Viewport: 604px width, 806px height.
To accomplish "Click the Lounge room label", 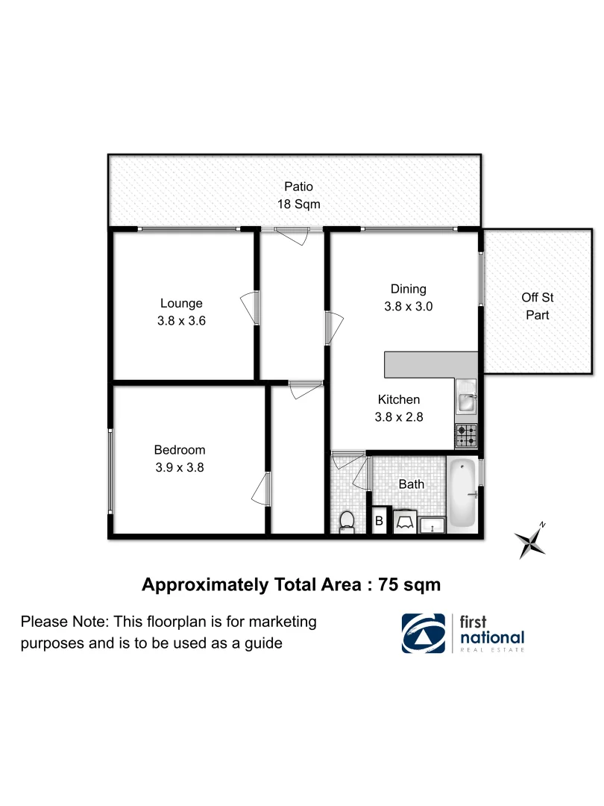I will (x=181, y=303).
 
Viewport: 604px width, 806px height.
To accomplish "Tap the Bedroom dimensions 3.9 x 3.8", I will (x=179, y=468).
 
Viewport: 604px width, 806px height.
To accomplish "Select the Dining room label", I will (x=408, y=289).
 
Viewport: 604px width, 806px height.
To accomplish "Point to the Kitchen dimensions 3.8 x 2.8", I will (x=399, y=417).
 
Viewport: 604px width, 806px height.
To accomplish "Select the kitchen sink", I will (x=465, y=402).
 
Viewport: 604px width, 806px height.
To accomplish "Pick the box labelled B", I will (x=379, y=521).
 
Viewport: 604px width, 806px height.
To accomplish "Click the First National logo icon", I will (x=424, y=633).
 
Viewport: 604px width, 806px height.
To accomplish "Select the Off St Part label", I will (x=537, y=306).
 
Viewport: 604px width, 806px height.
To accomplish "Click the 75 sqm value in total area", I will (x=409, y=584).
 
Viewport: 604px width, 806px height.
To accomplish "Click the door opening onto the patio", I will (x=292, y=234).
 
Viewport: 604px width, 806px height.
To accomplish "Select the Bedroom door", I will (x=260, y=490).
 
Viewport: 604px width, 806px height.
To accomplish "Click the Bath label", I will (x=411, y=484).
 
